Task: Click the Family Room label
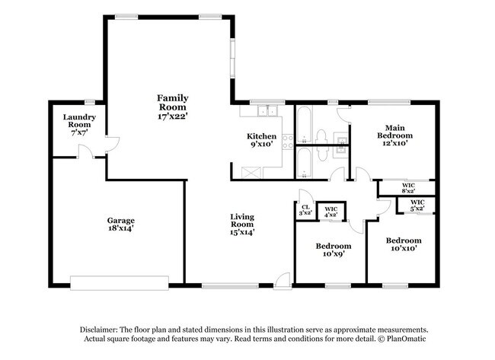(173, 107)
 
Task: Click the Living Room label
(242, 225)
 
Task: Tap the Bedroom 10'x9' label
(333, 250)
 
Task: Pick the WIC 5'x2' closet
(417, 205)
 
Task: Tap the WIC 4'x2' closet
(331, 212)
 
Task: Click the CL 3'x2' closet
(305, 210)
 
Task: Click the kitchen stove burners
(287, 140)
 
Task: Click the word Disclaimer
(102, 329)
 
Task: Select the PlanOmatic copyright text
(389, 338)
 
